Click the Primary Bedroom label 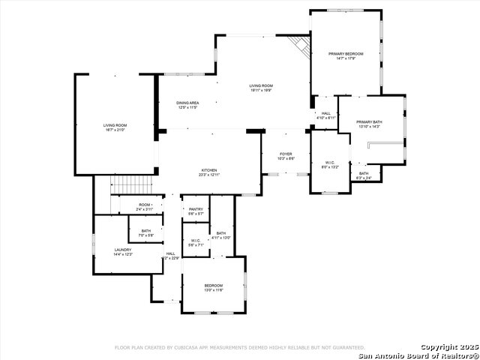click(x=346, y=55)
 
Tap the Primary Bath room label click(x=369, y=124)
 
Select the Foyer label click(x=286, y=155)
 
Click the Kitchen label click(x=208, y=172)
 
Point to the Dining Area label click(x=187, y=104)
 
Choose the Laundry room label click(x=123, y=251)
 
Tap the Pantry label click(x=195, y=211)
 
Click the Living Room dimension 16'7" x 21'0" click(x=115, y=130)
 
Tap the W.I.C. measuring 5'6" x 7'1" click(x=195, y=243)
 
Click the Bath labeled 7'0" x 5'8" click(x=145, y=233)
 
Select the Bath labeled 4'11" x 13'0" click(x=221, y=235)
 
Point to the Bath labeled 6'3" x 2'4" click(x=364, y=175)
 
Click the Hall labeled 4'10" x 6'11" click(x=326, y=115)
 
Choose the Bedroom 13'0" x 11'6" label click(x=213, y=287)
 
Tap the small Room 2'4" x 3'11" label click(x=145, y=205)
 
